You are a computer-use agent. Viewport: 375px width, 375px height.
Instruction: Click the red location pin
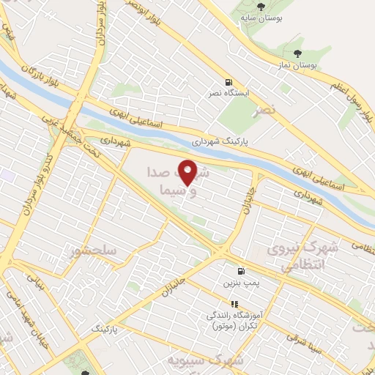tap(188, 172)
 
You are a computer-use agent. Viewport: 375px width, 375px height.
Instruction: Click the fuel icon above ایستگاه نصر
tap(229, 82)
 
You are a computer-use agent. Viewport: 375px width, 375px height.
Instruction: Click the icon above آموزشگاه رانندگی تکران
tap(234, 303)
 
